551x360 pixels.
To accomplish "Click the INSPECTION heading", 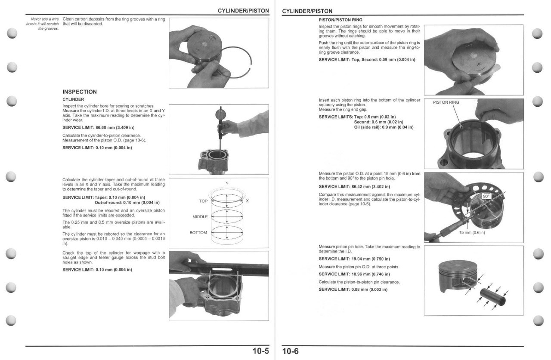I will (x=80, y=92).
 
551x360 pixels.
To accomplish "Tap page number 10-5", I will (x=260, y=351).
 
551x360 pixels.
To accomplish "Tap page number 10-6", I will (x=290, y=351).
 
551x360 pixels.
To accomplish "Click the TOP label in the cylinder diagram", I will (x=203, y=201).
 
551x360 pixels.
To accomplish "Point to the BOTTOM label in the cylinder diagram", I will (x=198, y=233).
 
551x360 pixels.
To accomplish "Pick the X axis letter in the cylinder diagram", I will (x=248, y=201).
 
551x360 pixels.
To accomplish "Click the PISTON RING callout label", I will (x=446, y=102).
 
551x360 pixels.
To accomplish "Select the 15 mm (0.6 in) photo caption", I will (x=472, y=233).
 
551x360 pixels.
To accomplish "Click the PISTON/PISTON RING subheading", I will (x=341, y=20).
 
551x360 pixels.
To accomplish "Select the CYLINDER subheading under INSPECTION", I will (x=73, y=99).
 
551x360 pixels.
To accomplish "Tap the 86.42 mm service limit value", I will (x=366, y=187).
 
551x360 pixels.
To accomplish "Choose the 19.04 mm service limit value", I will (x=366, y=259).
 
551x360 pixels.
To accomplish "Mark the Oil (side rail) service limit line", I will (x=384, y=127).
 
